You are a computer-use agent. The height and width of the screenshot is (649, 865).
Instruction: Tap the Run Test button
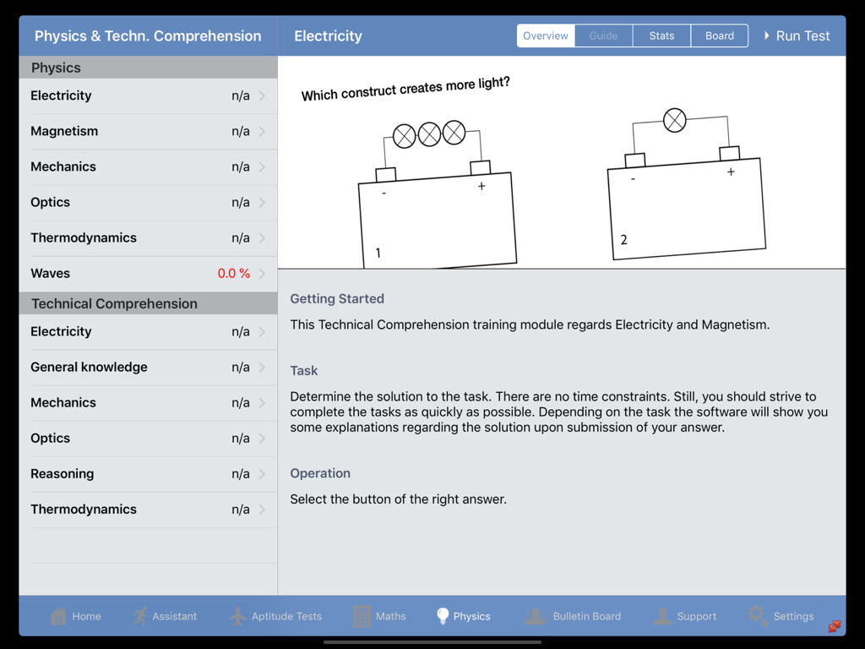tap(797, 35)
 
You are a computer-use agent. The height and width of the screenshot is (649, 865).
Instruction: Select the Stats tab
tap(661, 35)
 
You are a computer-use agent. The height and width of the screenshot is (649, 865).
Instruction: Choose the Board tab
tap(719, 35)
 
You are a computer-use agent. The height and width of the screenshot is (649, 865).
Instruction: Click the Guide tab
tap(603, 35)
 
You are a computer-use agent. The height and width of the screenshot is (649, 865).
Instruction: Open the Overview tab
tap(546, 35)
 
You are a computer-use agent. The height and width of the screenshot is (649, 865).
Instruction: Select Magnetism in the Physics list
tap(64, 131)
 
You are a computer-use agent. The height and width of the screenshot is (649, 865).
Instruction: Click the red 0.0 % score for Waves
tap(233, 274)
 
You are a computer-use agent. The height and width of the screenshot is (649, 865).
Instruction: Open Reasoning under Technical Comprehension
tap(63, 474)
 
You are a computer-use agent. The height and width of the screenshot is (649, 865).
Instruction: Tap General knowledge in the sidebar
tap(89, 368)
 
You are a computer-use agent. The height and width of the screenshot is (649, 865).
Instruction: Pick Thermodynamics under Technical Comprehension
tap(84, 510)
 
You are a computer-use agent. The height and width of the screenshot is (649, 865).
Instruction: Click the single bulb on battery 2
tap(674, 121)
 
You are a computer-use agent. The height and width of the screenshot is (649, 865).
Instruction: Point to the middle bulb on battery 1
tap(429, 134)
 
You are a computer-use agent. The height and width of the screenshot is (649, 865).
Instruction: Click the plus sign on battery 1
tap(481, 186)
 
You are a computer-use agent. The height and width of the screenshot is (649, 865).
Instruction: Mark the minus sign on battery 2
tap(633, 179)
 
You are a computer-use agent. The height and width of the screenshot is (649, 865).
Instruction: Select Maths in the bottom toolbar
tap(379, 616)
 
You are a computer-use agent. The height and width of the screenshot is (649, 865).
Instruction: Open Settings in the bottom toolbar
tap(781, 616)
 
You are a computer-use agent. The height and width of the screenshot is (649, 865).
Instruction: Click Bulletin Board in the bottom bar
tap(573, 616)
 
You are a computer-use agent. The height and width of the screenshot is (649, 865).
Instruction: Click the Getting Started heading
tap(337, 298)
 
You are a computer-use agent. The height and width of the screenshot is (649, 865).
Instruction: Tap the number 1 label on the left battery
tap(378, 253)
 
